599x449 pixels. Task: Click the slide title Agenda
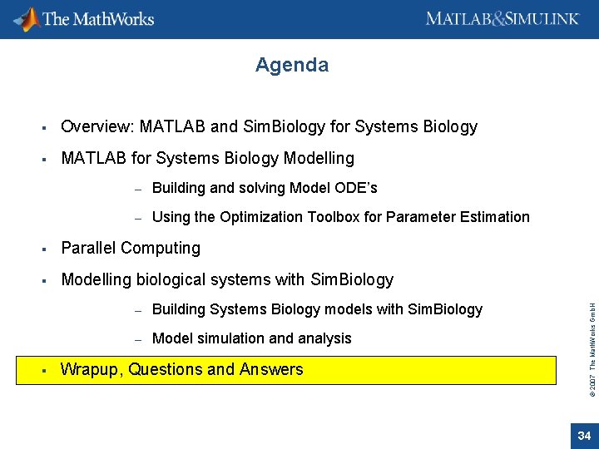(x=292, y=65)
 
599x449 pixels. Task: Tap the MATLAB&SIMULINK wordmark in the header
(x=502, y=18)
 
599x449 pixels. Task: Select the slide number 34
(x=583, y=436)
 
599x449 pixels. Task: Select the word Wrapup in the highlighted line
(x=91, y=370)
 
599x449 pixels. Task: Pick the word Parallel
(x=88, y=249)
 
